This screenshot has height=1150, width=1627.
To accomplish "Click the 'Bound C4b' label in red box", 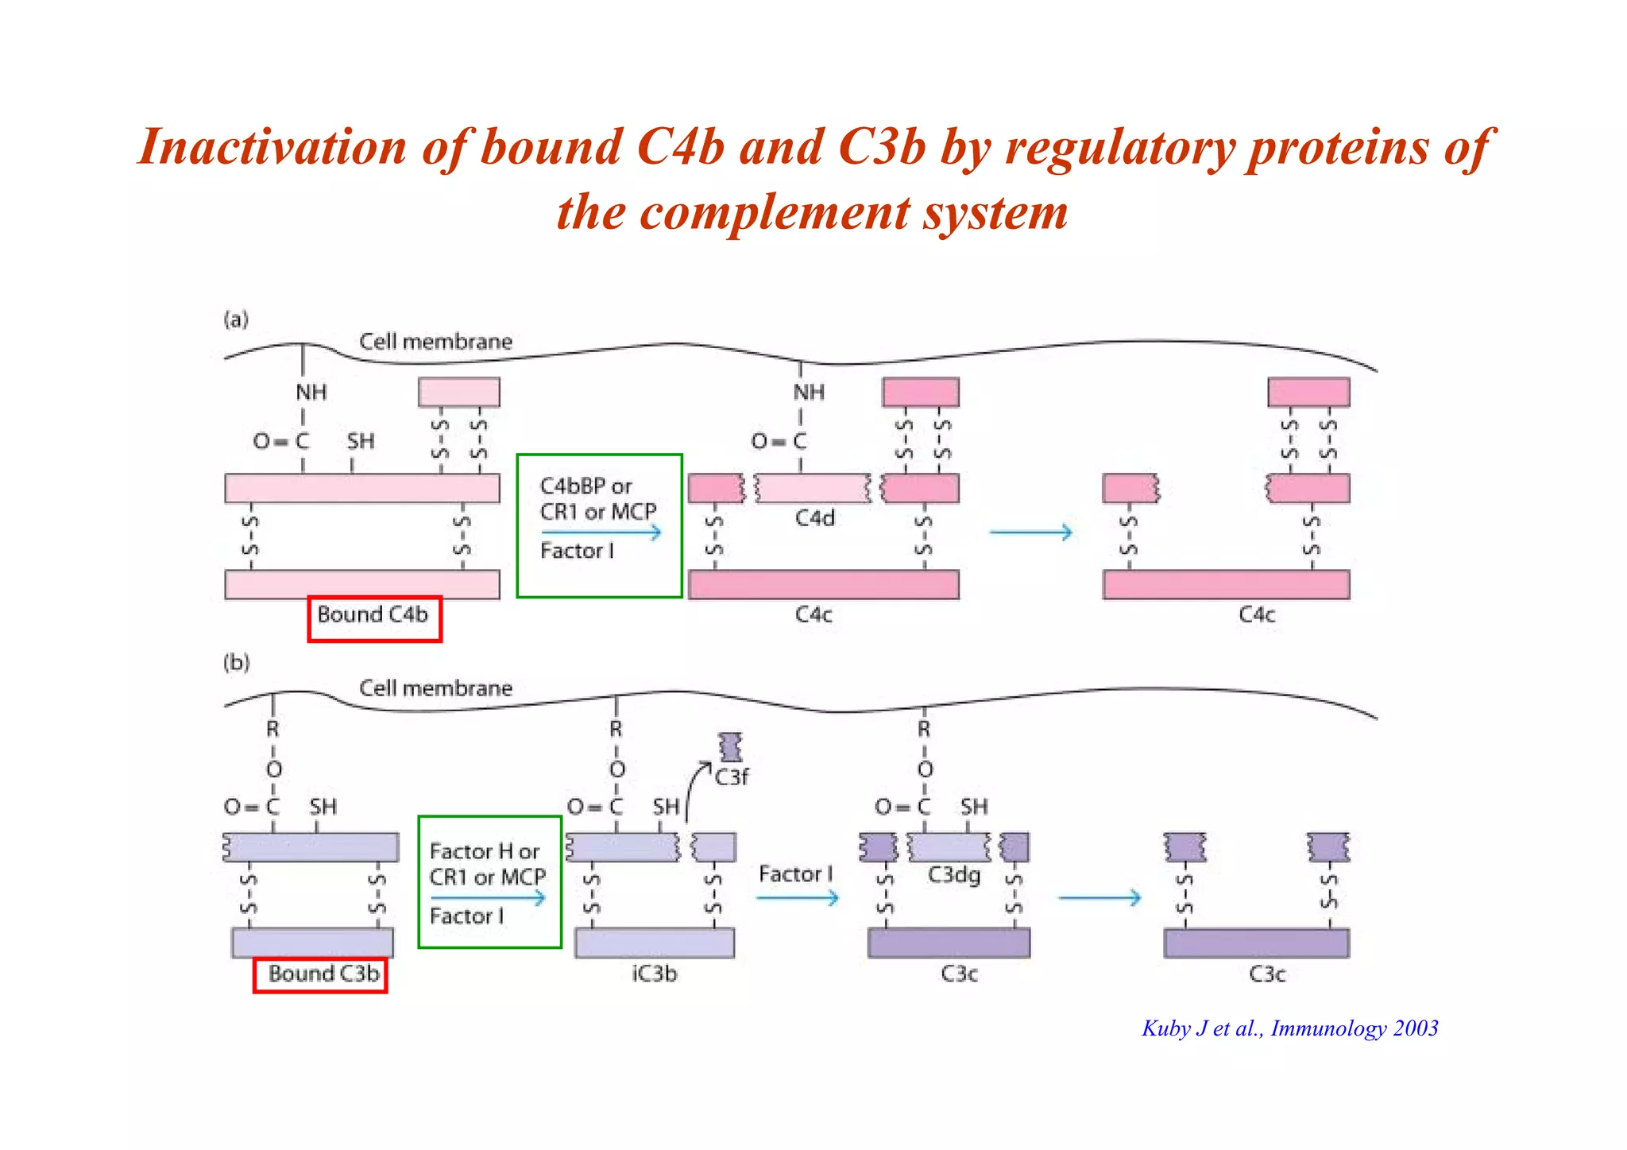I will [373, 615].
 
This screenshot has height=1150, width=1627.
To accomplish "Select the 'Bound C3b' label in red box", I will [323, 974].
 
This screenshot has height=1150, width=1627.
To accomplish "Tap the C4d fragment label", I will [815, 519].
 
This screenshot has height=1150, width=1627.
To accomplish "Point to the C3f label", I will [731, 776].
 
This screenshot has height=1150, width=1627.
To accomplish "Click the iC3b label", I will [655, 974].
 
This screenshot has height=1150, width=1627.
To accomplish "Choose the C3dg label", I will [954, 875].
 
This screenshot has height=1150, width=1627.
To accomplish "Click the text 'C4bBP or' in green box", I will [585, 486].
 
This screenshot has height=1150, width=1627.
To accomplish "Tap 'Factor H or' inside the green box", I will [484, 851].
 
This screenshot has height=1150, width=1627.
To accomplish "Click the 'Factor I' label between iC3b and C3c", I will [795, 874].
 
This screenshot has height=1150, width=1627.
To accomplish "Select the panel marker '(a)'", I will [236, 319].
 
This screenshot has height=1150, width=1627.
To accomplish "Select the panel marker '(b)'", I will [236, 662].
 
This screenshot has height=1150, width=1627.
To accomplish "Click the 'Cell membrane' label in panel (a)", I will [435, 342].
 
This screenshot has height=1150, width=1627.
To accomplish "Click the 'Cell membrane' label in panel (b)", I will [435, 688].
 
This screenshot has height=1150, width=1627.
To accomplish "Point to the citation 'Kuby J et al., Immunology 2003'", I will [1289, 1028].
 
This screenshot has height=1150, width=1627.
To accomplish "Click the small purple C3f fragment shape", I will [730, 747].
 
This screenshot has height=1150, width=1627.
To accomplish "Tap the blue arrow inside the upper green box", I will [601, 532].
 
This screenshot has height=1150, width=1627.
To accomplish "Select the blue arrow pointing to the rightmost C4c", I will [1030, 532].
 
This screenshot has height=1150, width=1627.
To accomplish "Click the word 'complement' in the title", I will [775, 212].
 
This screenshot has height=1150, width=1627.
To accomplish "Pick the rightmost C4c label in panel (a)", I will [1257, 615].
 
